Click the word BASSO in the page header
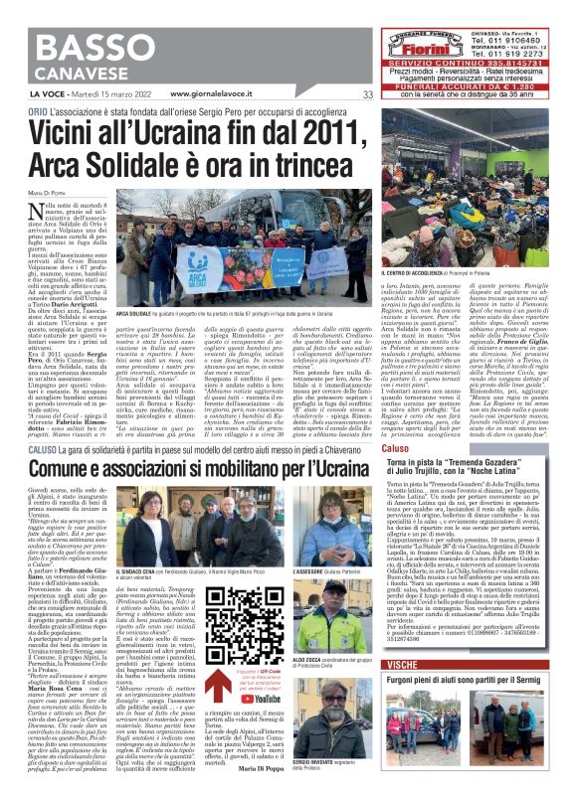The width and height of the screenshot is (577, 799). tap(72, 47)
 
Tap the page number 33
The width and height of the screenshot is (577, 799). tap(367, 94)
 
